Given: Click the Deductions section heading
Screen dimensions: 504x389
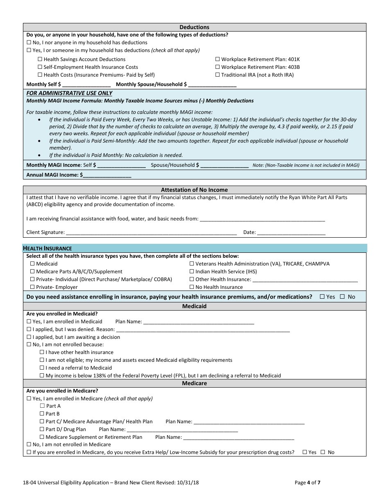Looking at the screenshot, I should (x=194, y=27).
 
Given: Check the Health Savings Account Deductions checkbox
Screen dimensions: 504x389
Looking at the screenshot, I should (x=40, y=59).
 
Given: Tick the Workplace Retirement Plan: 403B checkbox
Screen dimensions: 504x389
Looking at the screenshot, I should (x=217, y=67).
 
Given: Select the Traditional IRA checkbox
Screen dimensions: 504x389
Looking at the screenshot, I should (x=217, y=75).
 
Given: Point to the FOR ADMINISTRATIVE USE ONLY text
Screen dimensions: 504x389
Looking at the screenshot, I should (x=69, y=93).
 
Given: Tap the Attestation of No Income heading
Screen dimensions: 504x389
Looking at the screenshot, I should (x=194, y=190).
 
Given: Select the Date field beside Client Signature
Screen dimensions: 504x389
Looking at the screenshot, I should (x=291, y=232).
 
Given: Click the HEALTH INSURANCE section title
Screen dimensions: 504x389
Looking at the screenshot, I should (x=47, y=248).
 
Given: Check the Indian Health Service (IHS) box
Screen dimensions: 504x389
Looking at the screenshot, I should (x=192, y=272).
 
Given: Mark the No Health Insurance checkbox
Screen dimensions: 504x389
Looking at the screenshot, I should (x=192, y=287).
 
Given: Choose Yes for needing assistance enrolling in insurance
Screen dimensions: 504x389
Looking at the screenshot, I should (x=322, y=297).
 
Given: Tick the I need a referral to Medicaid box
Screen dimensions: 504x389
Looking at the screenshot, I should (x=42, y=368).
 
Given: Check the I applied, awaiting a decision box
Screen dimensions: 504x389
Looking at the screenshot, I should (x=29, y=337).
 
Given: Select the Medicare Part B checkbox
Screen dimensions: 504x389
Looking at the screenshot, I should (x=42, y=414).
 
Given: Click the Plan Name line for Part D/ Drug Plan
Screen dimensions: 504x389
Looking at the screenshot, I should (x=182, y=429).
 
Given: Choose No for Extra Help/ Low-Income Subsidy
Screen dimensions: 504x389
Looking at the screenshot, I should (x=323, y=452).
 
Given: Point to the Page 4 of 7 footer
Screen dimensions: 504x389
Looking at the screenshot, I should (x=308, y=483).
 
